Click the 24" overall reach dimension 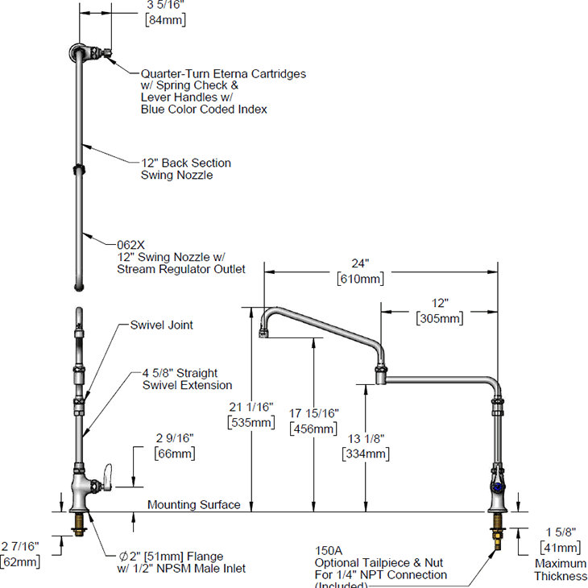pos(360,263)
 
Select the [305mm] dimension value pos(440,319)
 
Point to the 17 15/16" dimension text pos(313,414)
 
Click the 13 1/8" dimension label pos(366,439)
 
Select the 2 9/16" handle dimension pos(174,438)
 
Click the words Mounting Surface pos(193,505)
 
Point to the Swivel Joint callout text pos(162,326)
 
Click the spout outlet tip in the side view pos(263,333)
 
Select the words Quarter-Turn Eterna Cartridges pos(223,73)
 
